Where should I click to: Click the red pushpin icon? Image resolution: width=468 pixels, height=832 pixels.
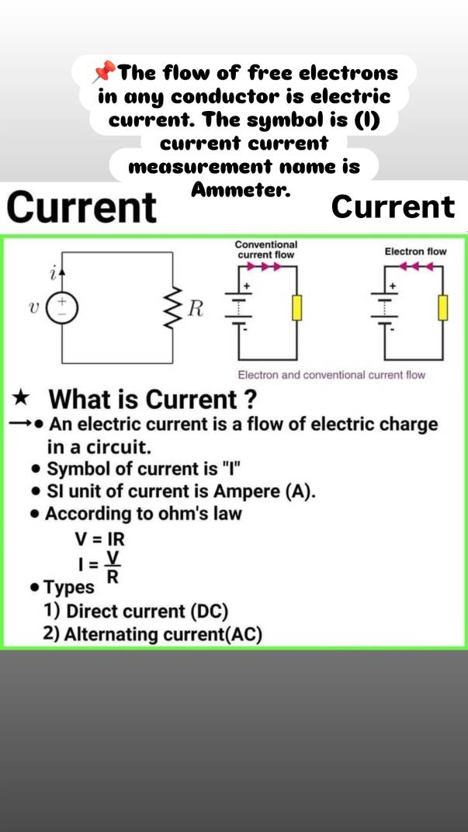[x=103, y=71]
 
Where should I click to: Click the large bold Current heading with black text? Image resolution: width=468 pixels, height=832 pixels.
[x=83, y=207]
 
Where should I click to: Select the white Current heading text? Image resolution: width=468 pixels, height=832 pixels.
[x=393, y=206]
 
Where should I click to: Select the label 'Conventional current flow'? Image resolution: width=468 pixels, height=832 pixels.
[x=266, y=249]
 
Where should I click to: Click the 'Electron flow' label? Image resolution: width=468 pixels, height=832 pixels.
[x=415, y=251]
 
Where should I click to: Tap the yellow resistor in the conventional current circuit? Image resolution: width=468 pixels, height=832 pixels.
[x=297, y=308]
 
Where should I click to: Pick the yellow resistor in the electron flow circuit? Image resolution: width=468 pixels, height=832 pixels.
[x=442, y=308]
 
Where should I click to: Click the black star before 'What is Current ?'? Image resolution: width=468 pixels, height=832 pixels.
[x=22, y=398]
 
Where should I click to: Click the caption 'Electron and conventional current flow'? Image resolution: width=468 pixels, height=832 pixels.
[x=331, y=375]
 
